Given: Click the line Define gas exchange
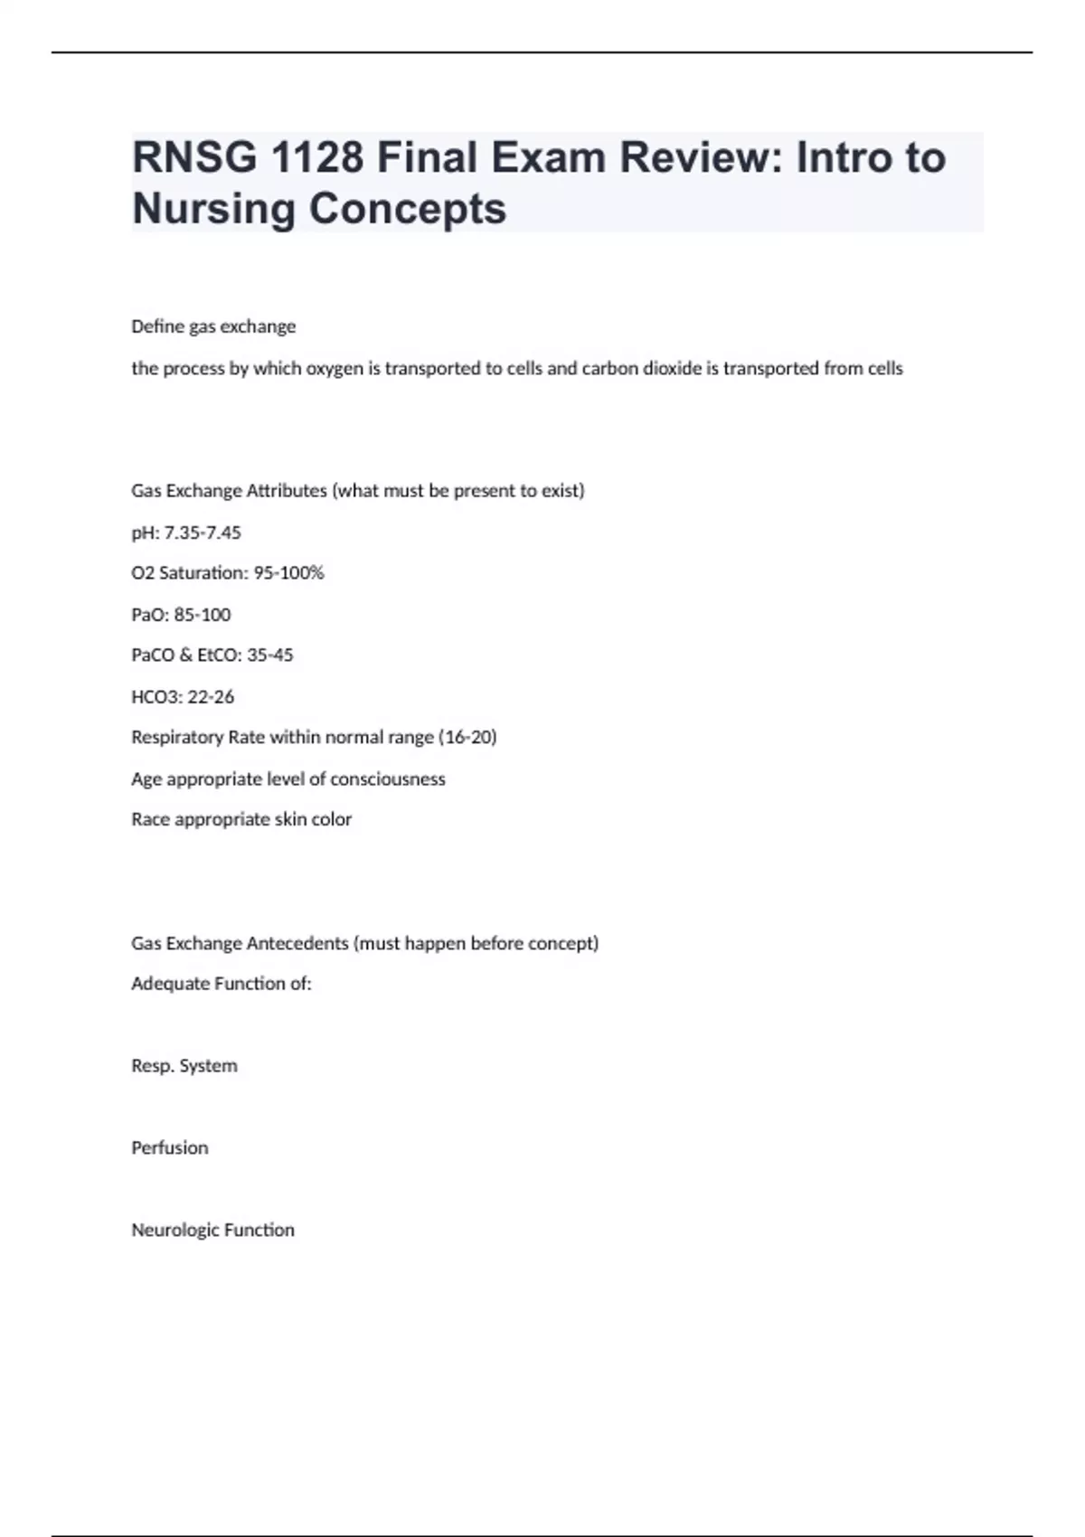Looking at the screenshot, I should [x=213, y=326].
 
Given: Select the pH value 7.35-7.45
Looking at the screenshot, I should [x=203, y=533].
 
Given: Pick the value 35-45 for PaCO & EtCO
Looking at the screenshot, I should [x=269, y=655].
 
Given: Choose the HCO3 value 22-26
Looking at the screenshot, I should [x=211, y=697].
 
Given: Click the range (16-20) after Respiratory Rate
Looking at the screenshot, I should [x=467, y=738].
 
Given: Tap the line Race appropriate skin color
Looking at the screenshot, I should [x=241, y=820].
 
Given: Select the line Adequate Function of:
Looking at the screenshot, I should [x=222, y=984].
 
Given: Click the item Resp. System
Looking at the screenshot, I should [x=184, y=1066].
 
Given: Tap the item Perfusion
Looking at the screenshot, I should [x=170, y=1148].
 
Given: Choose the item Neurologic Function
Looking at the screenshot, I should [x=213, y=1231].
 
